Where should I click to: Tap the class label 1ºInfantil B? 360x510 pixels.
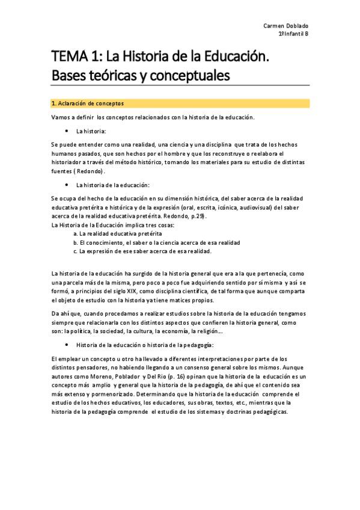point(294,35)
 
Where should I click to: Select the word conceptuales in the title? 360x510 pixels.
point(186,76)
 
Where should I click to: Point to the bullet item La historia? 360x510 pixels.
point(91,131)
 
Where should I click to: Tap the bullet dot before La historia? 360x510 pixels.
point(65,131)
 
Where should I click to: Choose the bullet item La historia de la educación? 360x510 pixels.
point(112,185)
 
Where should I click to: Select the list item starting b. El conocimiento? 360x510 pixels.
point(156,242)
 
